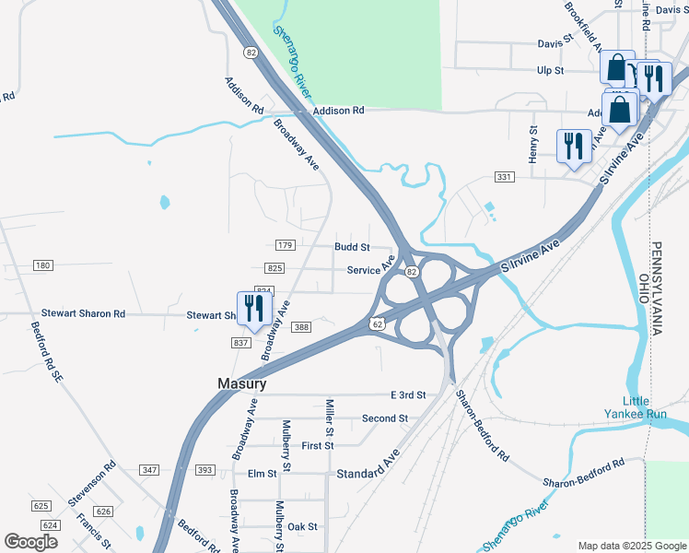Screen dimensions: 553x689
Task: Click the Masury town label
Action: pos(242,383)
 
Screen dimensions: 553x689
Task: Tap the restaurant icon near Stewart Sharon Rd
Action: pos(251,310)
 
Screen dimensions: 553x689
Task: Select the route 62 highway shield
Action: pos(378,324)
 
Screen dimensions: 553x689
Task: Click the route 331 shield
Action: pos(504,176)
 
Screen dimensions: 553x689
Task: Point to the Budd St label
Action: pos(352,247)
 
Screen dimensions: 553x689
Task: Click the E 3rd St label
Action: pos(408,394)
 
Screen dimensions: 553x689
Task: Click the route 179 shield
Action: pos(285,245)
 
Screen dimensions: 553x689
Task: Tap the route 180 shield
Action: pos(42,265)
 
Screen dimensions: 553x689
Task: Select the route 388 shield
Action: pos(301,327)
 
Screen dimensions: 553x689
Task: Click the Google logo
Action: pos(30,542)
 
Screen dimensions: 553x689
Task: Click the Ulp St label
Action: pos(550,70)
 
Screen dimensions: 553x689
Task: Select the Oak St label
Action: pos(302,526)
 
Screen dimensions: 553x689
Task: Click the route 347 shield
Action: pos(149,470)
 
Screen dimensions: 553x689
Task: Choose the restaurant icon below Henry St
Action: pos(573,146)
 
